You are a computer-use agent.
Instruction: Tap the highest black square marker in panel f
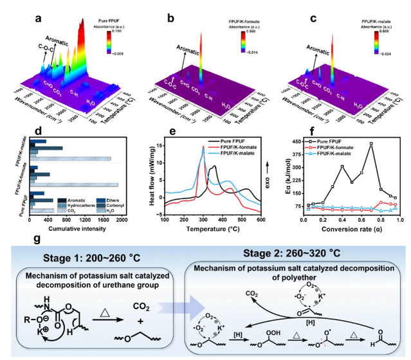371,144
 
